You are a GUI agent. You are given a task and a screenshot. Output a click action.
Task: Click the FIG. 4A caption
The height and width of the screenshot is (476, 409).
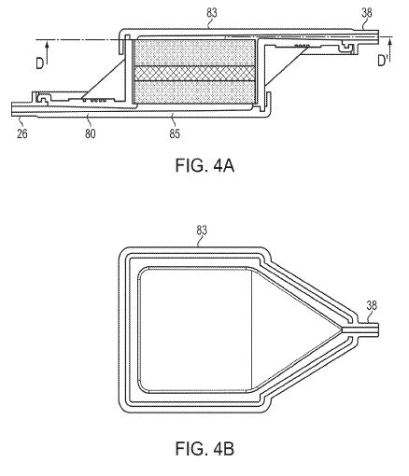pos(204,165)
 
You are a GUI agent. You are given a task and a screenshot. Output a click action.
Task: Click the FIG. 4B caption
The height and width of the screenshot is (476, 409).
pos(204,449)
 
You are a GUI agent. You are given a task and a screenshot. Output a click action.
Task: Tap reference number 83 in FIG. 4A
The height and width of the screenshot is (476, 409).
pos(212,13)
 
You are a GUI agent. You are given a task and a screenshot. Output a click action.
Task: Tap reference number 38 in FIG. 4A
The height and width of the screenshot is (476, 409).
pos(367,13)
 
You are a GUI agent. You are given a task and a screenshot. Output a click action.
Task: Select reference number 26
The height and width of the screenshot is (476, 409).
pos(22,133)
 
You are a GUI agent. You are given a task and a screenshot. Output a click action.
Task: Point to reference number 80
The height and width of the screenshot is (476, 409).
pos(91,133)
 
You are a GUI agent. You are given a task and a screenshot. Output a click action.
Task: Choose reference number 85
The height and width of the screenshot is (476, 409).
pos(175,133)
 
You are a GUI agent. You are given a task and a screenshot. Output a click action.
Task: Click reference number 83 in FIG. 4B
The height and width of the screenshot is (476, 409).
pos(202,231)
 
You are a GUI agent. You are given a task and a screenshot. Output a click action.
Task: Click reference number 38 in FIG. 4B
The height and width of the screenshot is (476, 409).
pos(372,305)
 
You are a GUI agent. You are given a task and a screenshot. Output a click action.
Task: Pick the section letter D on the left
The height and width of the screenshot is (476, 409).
pos(39,63)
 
